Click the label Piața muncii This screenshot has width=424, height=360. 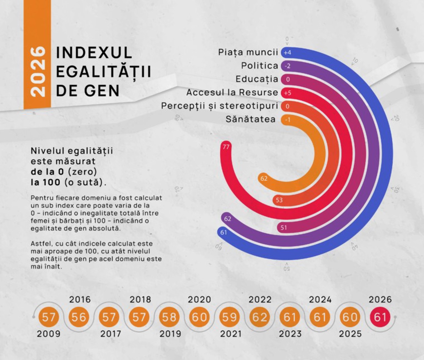248,52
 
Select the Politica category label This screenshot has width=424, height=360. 259,66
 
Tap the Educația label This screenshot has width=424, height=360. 257,79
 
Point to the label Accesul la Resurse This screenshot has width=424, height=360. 232,92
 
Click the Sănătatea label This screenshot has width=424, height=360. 250,119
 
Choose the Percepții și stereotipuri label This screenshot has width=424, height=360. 219,106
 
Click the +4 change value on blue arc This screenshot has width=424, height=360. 287,53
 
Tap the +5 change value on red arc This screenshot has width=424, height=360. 287,93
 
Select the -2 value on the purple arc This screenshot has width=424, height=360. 287,66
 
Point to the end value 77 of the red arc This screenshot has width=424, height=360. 226,147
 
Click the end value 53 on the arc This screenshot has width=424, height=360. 279,200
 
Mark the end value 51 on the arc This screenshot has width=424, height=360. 284,227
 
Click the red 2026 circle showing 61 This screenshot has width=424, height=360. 380,317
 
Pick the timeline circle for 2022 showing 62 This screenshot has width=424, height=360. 259,317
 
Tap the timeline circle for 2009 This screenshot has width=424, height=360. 48,317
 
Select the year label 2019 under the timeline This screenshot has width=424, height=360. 170,334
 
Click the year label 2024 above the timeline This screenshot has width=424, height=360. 320,300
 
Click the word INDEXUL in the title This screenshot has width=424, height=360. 94,53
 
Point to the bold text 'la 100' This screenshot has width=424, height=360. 45,182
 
